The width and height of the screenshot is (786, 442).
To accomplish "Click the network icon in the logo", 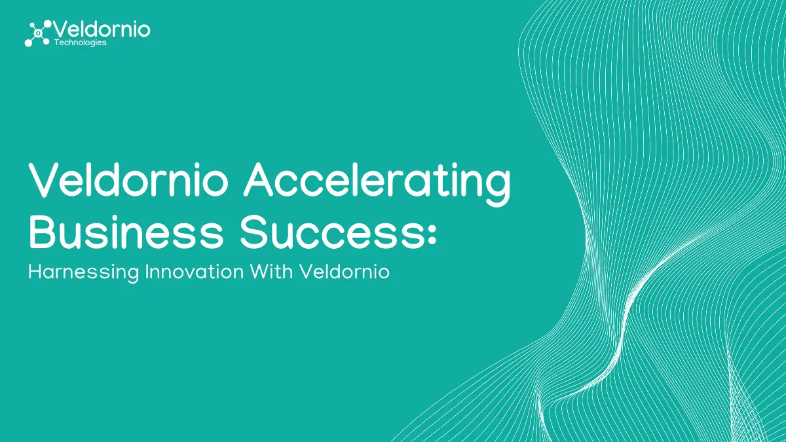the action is [38, 33].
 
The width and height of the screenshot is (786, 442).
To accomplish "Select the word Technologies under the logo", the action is [81, 43].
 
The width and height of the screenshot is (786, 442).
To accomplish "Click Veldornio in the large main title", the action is [128, 179].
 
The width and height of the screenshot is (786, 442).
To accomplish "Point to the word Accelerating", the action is [377, 184].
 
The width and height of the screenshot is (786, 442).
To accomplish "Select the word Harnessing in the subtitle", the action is [84, 272].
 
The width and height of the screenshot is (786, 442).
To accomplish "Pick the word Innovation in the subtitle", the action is [195, 272].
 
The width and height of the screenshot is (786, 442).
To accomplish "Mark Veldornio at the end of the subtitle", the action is [345, 272].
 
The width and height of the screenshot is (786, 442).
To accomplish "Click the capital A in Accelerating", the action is [259, 179].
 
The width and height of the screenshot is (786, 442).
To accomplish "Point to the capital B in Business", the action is [42, 232].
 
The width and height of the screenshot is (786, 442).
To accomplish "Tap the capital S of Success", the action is [253, 232].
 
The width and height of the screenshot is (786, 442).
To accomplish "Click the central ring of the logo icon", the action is [38, 33].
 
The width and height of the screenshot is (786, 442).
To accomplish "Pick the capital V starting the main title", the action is [45, 179].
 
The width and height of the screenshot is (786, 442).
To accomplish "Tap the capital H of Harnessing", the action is [35, 272].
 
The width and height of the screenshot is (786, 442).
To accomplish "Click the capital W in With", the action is [261, 272].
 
